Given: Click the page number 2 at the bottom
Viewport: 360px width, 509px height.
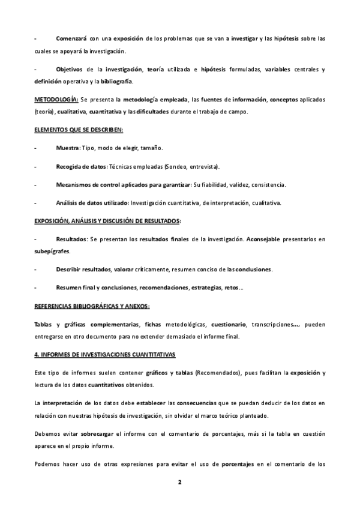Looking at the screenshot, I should (x=179, y=482).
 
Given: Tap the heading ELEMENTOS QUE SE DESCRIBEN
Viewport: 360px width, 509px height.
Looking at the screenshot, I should (x=79, y=130).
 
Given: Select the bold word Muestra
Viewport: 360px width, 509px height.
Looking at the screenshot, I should (x=67, y=148).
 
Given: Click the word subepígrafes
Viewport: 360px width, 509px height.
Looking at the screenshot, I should (x=52, y=251).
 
